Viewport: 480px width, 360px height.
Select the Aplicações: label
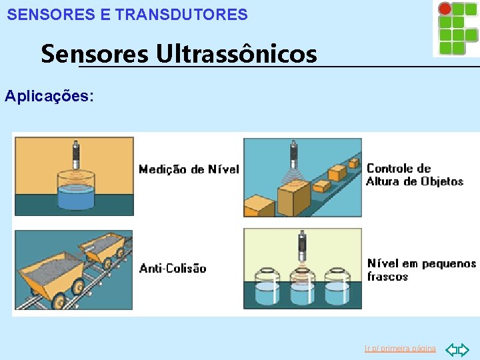(49, 96)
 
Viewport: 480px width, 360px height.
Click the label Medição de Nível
(189, 169)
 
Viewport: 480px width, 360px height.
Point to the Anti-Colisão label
(173, 269)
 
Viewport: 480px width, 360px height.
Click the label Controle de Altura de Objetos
(415, 175)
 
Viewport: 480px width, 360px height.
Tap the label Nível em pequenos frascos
(421, 270)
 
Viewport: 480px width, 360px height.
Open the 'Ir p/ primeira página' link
(400, 349)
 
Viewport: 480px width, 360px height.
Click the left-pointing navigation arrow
(450, 349)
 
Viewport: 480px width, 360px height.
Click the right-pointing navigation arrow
(464, 349)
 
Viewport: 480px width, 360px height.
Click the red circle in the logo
(445, 9)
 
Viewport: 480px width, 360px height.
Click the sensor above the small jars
(301, 247)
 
